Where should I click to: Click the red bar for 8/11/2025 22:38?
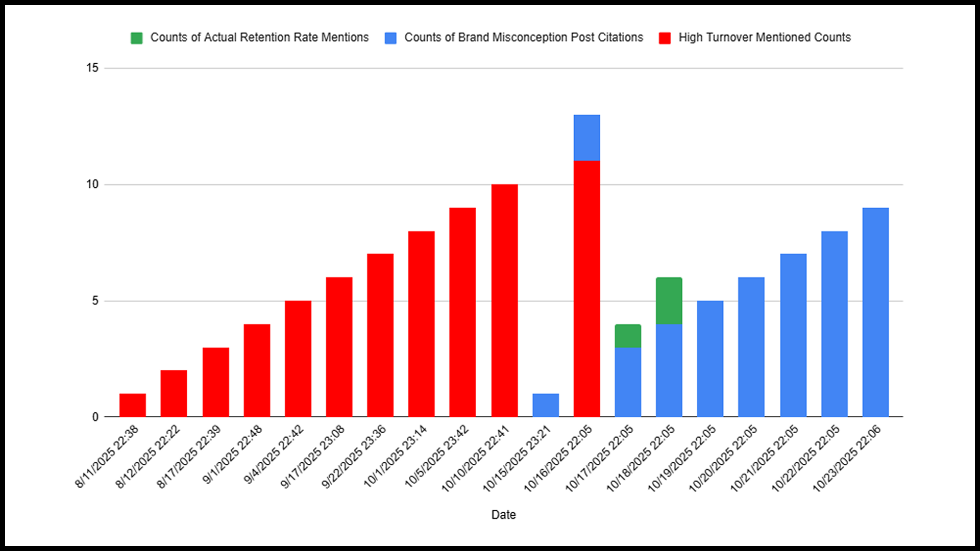[x=133, y=405]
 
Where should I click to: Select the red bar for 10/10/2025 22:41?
[x=504, y=300]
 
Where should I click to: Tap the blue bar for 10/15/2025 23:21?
[x=546, y=405]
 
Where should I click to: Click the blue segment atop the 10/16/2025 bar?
[x=587, y=138]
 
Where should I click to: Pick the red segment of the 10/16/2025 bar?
[x=587, y=289]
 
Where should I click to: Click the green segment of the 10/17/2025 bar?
[x=628, y=336]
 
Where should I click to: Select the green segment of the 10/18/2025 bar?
[x=669, y=300]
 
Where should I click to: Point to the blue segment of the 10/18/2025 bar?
[x=669, y=370]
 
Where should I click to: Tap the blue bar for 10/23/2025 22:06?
[x=875, y=312]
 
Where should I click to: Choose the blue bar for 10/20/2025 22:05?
[x=751, y=347]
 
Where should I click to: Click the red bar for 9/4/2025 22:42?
[x=298, y=359]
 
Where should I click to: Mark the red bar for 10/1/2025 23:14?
[x=422, y=324]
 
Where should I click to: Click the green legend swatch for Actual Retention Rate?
[x=137, y=38]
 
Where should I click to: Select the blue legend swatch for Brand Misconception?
[x=390, y=38]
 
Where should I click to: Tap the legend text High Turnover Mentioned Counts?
[x=765, y=37]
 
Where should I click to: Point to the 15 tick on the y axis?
[x=92, y=68]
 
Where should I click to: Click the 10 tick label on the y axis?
[x=92, y=184]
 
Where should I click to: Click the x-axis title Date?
[x=503, y=515]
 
